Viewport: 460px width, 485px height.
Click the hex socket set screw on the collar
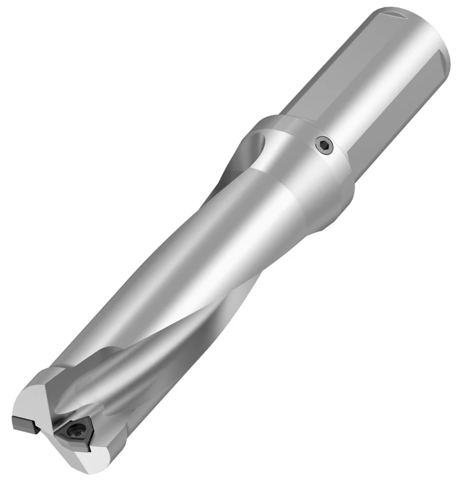click(x=323, y=146)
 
